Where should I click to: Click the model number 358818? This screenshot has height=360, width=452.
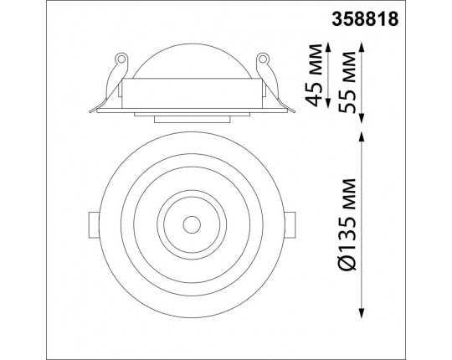click(x=365, y=19)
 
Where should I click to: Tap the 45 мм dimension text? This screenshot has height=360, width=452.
click(x=314, y=75)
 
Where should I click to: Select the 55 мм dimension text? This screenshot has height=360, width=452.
click(x=347, y=82)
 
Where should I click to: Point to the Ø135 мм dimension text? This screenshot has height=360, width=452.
click(x=347, y=224)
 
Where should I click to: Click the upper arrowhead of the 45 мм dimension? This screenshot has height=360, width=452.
click(x=328, y=47)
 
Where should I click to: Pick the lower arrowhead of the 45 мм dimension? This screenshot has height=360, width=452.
click(x=328, y=103)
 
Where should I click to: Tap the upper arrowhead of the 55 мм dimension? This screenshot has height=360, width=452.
click(x=362, y=47)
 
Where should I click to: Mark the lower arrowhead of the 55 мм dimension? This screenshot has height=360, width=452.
click(x=362, y=118)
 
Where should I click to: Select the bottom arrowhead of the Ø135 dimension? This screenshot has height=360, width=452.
click(x=362, y=313)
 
